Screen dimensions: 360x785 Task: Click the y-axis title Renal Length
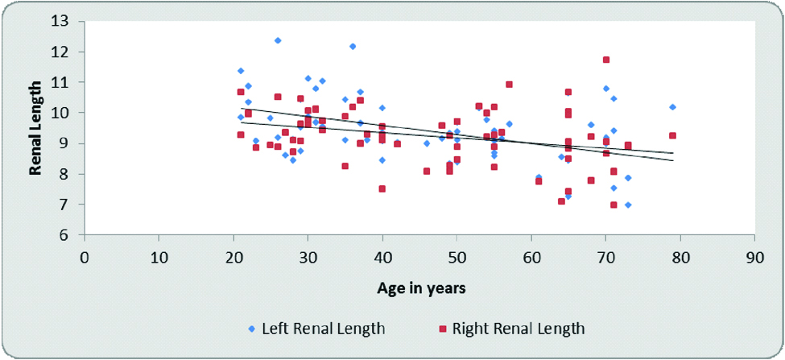point(35,130)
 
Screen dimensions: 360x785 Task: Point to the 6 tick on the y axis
point(67,235)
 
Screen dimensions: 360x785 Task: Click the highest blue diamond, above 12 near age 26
point(278,40)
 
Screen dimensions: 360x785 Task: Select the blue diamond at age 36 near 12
point(353,47)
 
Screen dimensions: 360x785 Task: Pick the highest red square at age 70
point(606,60)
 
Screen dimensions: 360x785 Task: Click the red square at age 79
point(672,135)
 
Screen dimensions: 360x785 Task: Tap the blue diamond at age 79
point(672,107)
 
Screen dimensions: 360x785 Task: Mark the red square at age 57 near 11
point(509,85)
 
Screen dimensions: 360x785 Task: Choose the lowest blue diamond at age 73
point(628,205)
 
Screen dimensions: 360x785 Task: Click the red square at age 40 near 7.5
point(382,188)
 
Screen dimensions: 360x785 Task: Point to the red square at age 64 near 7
point(561,201)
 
